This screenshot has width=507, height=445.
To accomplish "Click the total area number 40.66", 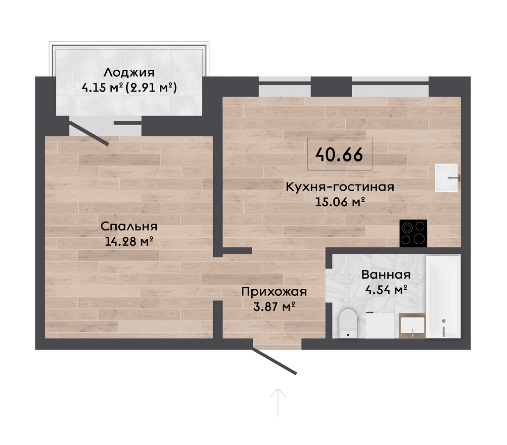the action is [339, 154].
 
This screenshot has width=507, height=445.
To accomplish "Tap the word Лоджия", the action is [129, 73].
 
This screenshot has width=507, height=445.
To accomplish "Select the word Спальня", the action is [129, 226].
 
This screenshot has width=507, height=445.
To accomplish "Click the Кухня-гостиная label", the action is [340, 187].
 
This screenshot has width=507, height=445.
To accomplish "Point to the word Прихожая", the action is [274, 292].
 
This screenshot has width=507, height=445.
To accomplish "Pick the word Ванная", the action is [386, 275].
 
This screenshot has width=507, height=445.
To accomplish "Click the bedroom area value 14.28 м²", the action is [129, 241].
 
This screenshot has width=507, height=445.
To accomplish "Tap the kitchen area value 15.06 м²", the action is [340, 202].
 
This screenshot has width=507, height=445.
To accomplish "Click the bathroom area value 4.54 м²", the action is [386, 290].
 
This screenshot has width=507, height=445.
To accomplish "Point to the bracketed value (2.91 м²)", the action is [151, 87].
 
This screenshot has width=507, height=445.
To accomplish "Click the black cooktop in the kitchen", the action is [413, 233].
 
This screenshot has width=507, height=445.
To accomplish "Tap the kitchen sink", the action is [446, 178].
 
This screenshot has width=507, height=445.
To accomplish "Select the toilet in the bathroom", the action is [348, 323].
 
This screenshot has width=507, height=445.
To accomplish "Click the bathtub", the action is [443, 297].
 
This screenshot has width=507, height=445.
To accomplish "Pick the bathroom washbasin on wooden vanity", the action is [412, 325].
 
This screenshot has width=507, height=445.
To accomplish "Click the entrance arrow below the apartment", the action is [278, 402].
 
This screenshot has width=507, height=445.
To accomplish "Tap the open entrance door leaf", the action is [274, 361].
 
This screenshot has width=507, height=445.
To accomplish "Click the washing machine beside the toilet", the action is [380, 325].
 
